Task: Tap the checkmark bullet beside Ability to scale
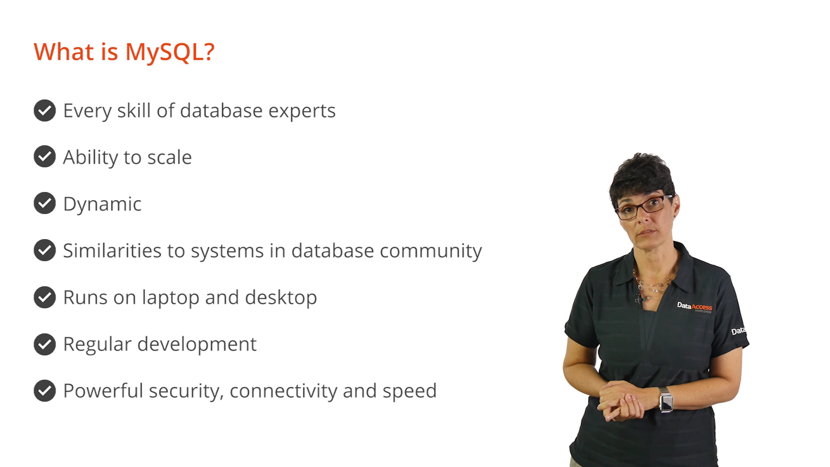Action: pos(45,157)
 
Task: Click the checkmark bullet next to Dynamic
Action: pos(45,203)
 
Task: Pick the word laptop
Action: pos(170,298)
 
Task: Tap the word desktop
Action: pos(281,298)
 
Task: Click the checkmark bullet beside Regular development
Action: pos(45,344)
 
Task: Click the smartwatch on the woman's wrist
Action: pos(666,400)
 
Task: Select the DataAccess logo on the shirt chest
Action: pos(694,307)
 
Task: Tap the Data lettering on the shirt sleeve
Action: pos(738,331)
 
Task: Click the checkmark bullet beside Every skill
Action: pos(45,110)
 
